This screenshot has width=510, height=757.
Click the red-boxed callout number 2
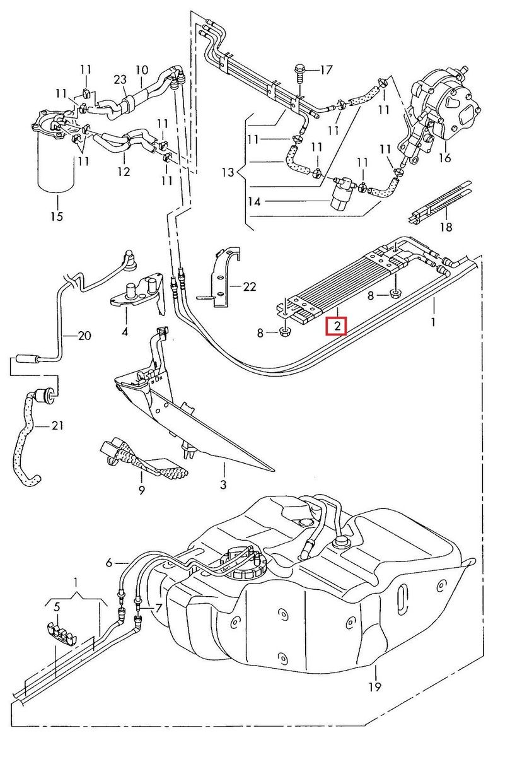[337, 326]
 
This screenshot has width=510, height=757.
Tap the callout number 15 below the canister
[57, 216]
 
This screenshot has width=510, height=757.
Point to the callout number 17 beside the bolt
[325, 70]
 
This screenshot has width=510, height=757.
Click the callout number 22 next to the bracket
[250, 287]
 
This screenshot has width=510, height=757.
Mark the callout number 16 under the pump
[445, 158]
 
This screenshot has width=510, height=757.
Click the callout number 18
[446, 227]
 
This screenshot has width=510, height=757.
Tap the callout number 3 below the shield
[223, 485]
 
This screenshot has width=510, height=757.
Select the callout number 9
[141, 490]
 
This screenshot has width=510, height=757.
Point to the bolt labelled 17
[299, 73]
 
